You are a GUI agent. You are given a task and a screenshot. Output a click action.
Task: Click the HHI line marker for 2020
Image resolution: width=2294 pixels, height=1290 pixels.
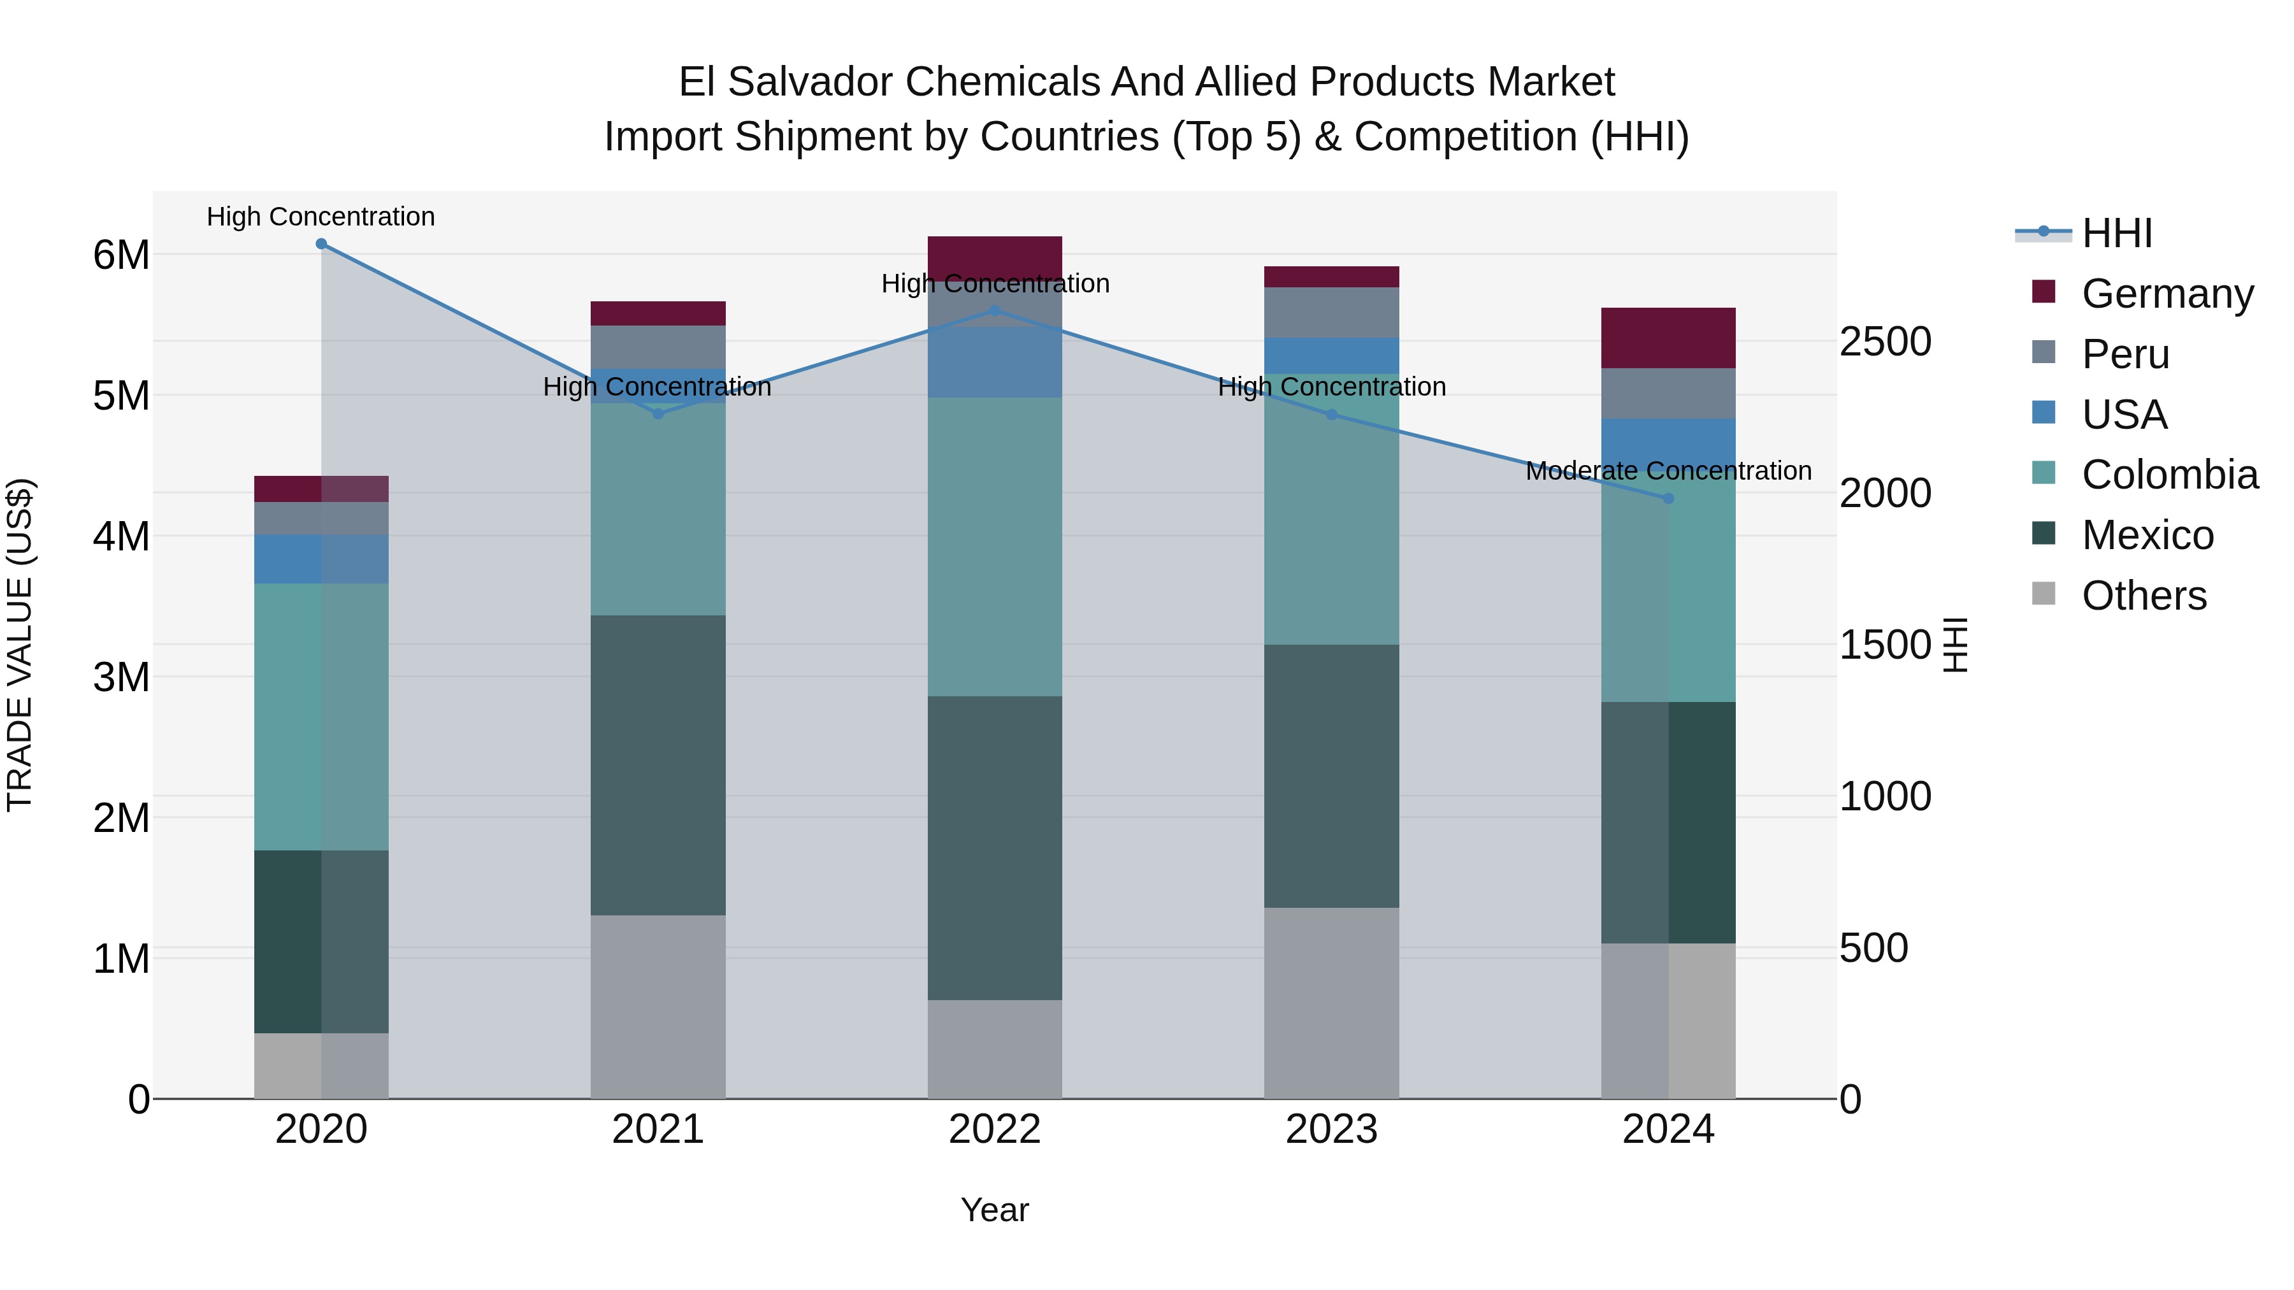tap(322, 244)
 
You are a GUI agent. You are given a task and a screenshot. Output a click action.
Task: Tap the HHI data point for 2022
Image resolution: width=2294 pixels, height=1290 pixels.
tap(995, 311)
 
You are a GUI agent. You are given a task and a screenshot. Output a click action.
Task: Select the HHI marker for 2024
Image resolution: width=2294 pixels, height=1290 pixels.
tap(1668, 499)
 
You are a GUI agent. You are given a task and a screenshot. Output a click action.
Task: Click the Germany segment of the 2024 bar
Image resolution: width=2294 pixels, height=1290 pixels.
tap(1668, 338)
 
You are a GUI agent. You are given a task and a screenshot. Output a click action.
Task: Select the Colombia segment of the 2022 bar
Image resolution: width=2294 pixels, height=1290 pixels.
tap(995, 547)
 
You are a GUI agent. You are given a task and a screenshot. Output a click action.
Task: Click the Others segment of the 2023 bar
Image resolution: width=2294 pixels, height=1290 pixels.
tap(1331, 1003)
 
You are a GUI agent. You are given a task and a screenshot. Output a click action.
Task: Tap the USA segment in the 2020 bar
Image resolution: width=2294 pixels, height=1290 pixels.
tap(322, 559)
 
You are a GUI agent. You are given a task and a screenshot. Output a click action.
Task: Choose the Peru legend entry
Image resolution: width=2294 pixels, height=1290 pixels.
tap(2124, 354)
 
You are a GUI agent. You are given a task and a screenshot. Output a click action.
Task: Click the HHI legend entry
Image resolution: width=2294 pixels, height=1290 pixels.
tap(2116, 233)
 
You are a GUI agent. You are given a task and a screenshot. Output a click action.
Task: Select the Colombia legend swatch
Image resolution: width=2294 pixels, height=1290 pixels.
tap(2044, 473)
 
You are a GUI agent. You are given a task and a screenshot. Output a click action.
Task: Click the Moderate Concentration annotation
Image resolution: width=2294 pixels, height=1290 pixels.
tap(1668, 471)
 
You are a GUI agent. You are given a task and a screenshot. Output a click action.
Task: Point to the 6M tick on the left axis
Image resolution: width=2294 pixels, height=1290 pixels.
tap(121, 255)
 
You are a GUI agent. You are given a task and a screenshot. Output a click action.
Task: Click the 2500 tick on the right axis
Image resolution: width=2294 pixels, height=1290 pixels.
tap(1884, 342)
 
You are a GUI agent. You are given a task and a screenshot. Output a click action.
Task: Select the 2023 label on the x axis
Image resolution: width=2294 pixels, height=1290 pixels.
tap(1331, 1129)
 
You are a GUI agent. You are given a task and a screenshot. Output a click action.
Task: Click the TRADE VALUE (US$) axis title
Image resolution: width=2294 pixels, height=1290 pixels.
tap(20, 645)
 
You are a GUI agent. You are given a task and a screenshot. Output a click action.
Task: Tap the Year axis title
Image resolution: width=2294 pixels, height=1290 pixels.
tap(995, 1210)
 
